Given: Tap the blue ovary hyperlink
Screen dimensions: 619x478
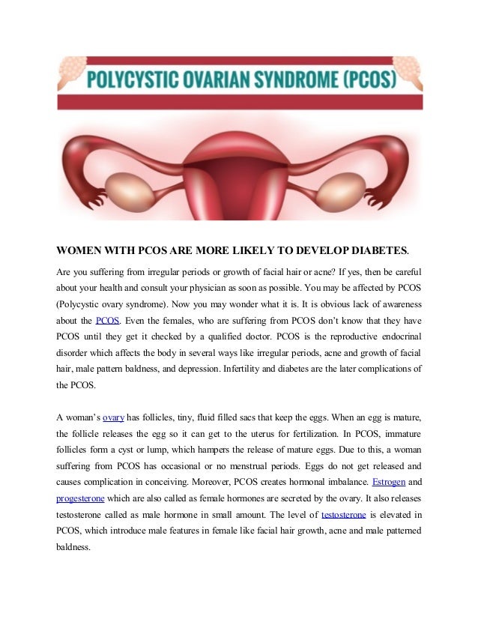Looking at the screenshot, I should pos(113,416).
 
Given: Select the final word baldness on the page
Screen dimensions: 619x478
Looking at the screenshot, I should pos(73,547).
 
